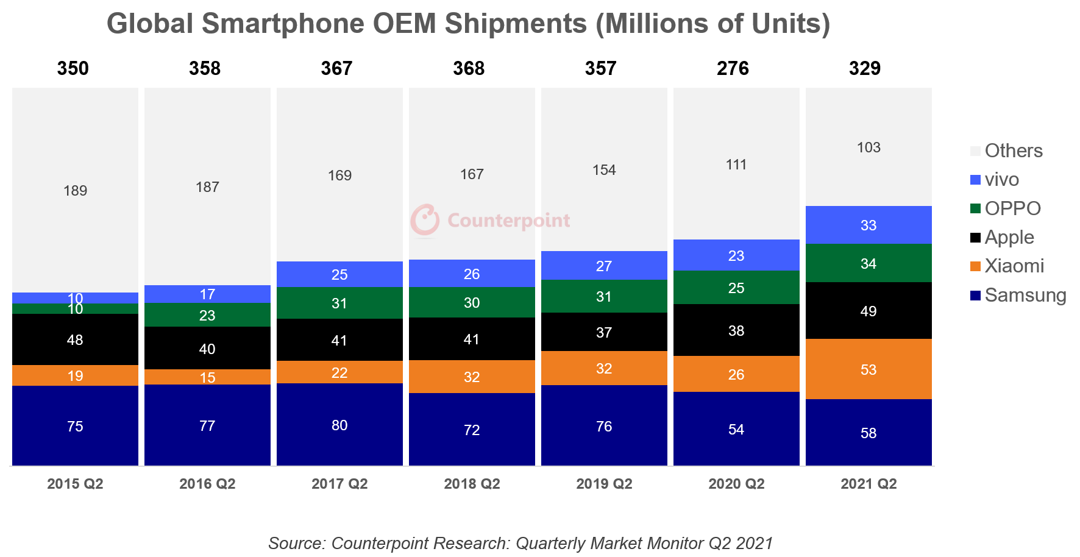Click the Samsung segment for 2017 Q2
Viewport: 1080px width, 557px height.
(339, 425)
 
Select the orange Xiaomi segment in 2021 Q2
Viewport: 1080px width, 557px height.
(869, 369)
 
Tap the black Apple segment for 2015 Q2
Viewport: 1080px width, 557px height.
(75, 339)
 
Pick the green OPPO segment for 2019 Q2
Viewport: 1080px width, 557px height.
(604, 296)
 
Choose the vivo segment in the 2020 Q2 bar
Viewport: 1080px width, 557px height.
(736, 255)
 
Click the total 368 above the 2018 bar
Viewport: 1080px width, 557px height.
(469, 68)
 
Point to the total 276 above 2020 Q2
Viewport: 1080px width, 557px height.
(733, 68)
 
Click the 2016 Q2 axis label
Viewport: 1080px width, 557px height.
(207, 484)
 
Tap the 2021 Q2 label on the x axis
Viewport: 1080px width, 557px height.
(869, 484)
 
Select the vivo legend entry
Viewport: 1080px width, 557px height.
(1002, 180)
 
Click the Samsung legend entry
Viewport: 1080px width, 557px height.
(1025, 295)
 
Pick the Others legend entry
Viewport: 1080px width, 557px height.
(1014, 151)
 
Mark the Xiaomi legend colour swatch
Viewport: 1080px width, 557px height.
(975, 266)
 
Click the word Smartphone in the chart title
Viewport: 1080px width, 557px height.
(282, 24)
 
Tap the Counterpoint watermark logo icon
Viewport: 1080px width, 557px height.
(425, 219)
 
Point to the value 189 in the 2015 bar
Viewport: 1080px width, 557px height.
(75, 191)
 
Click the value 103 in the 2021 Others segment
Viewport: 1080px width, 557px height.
(869, 147)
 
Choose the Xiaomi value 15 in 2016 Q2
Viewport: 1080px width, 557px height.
(207, 378)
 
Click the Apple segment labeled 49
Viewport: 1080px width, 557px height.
(869, 311)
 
